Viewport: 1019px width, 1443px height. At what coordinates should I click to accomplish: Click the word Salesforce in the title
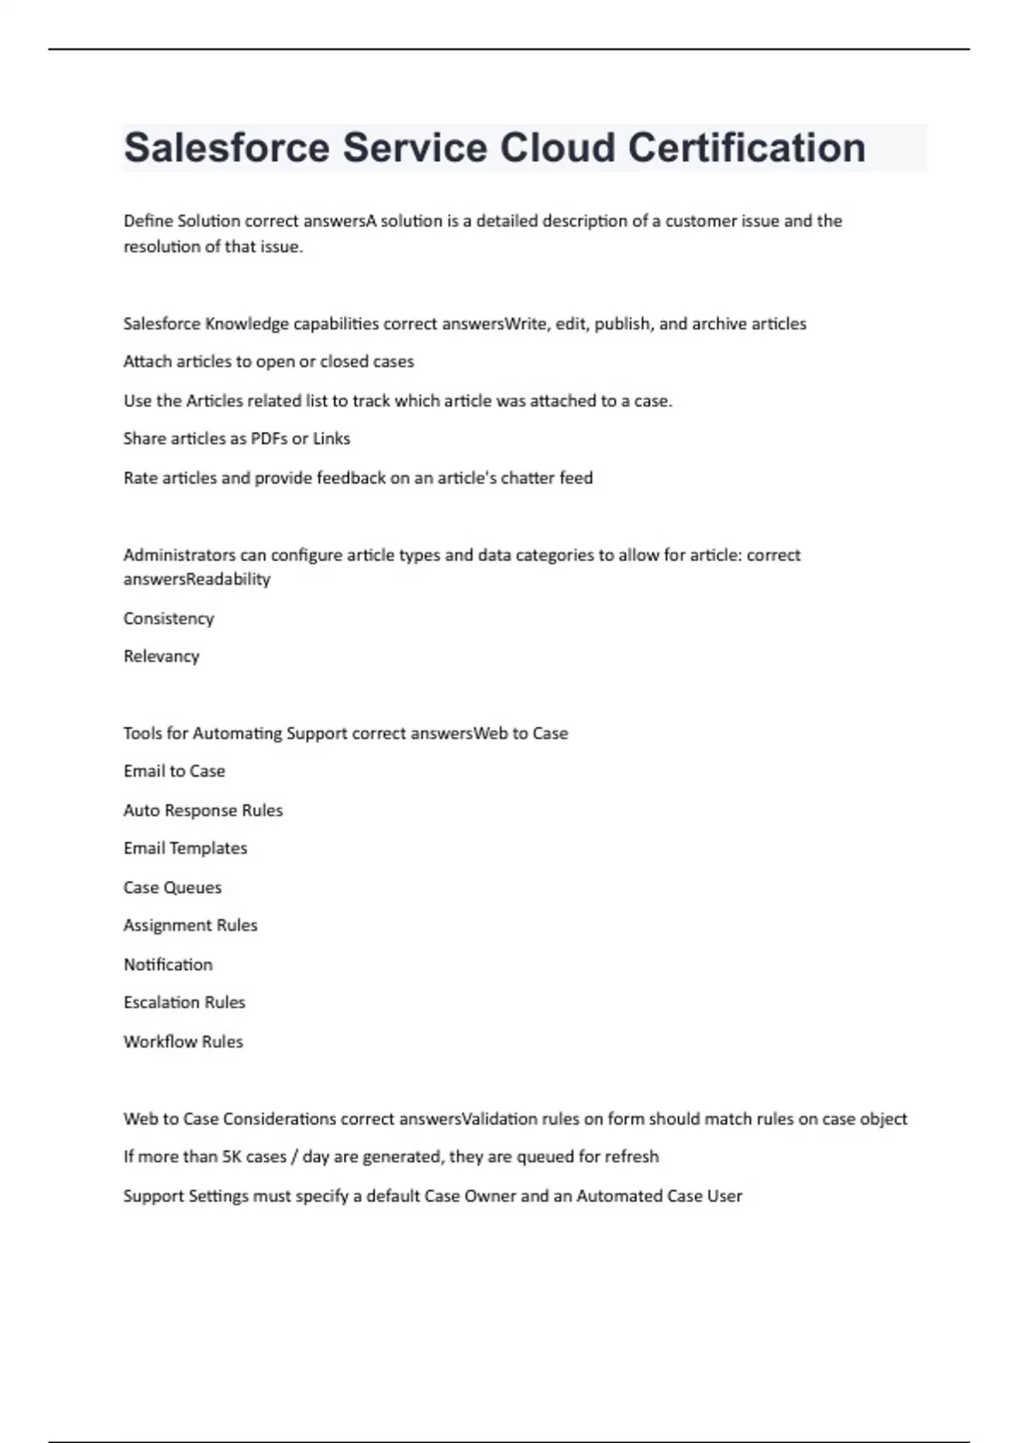point(227,148)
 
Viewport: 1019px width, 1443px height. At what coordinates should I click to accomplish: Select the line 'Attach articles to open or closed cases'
point(268,362)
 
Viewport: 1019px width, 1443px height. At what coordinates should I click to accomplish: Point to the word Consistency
point(168,619)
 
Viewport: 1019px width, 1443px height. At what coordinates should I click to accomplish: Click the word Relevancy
point(161,656)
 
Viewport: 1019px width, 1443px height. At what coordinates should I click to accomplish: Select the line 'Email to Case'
point(174,772)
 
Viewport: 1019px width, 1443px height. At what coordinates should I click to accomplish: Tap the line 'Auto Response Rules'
point(203,811)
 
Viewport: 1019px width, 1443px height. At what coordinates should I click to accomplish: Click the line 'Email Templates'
point(185,849)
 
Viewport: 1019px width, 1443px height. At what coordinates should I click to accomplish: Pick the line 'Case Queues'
point(172,888)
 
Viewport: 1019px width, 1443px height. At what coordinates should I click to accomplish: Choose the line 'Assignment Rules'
point(190,925)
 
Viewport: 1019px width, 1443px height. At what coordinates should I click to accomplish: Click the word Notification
point(168,965)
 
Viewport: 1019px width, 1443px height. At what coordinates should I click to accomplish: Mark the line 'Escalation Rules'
point(184,1002)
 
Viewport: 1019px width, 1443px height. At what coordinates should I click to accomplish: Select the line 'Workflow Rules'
point(183,1042)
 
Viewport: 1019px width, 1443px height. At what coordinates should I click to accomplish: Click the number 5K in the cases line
point(231,1157)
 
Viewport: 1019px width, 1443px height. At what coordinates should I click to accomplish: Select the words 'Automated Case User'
point(659,1196)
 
